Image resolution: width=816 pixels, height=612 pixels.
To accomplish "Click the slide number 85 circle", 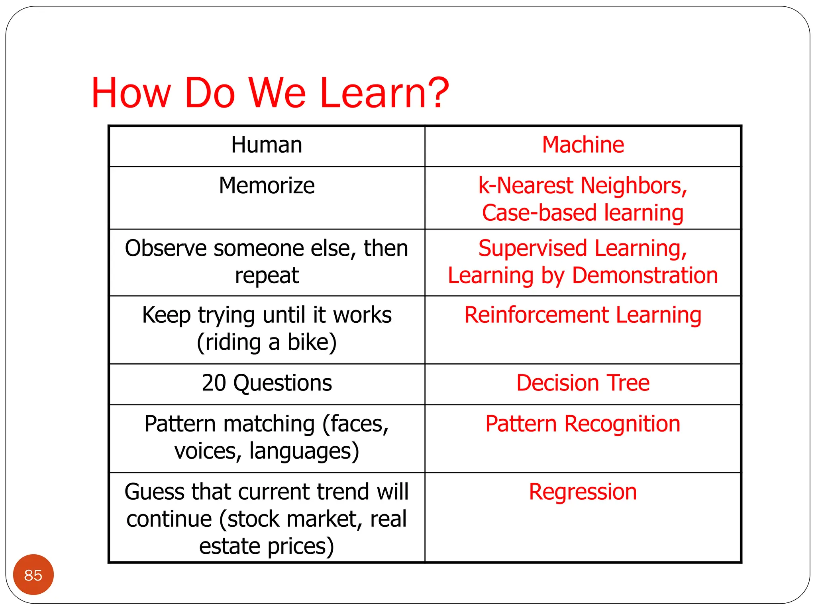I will click(33, 575).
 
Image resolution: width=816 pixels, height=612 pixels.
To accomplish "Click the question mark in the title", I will click(437, 93).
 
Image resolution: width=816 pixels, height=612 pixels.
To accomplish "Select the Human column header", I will click(267, 145).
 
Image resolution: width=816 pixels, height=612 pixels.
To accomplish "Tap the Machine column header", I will click(583, 145).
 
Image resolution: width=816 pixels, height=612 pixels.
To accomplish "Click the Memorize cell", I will click(267, 186).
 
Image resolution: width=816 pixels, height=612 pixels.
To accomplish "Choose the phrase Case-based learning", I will click(583, 213).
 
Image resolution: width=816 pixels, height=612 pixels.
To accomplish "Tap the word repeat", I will click(267, 276).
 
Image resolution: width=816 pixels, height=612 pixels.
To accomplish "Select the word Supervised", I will click(533, 248).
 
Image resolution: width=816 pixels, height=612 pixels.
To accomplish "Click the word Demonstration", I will click(645, 276).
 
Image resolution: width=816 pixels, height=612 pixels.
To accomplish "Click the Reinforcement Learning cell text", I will click(583, 315).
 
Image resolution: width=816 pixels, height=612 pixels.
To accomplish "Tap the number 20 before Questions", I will click(214, 383).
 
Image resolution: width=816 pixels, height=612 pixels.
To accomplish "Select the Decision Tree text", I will click(583, 383).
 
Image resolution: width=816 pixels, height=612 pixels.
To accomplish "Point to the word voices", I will click(208, 451).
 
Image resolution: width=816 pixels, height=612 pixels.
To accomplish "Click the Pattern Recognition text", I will click(583, 424).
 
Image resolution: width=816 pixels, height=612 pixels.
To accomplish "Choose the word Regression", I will click(583, 492).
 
